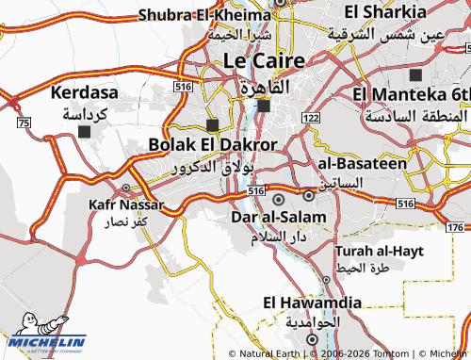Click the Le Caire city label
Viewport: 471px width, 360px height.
click(264, 60)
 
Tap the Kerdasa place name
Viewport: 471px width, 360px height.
click(84, 95)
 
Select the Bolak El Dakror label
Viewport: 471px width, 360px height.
click(213, 144)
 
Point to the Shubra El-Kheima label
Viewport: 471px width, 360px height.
click(204, 14)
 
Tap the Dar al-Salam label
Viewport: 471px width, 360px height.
click(278, 218)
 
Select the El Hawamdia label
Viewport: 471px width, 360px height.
click(312, 303)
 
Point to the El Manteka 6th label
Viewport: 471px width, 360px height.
click(412, 95)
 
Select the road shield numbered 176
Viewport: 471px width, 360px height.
click(455, 227)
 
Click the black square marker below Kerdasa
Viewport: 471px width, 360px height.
click(85, 132)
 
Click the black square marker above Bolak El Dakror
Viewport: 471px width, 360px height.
click(212, 124)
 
